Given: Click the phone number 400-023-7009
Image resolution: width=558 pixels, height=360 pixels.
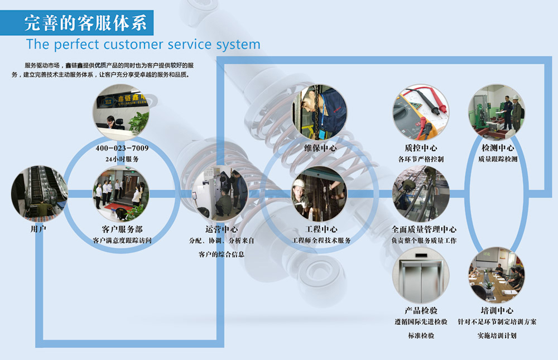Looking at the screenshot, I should (122, 148).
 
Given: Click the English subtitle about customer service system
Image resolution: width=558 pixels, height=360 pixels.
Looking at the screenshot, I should (143, 44).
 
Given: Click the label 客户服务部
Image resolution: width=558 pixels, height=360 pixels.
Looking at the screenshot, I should (122, 229).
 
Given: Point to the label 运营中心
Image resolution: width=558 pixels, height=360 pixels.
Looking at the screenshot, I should (222, 229).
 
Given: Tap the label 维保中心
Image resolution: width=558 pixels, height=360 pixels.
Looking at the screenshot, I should (320, 148).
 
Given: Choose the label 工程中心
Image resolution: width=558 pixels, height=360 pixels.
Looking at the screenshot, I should (321, 229).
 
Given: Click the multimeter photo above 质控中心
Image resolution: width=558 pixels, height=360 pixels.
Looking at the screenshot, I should (421, 112).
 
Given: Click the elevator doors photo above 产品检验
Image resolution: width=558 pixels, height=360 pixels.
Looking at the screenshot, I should (421, 275).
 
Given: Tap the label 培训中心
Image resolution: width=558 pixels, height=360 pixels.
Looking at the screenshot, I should (497, 310).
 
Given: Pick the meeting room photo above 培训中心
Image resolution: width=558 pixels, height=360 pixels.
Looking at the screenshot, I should (497, 275).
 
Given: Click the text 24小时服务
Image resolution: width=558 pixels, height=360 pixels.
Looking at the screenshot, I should (122, 159).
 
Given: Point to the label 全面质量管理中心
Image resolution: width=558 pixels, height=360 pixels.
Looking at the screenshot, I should (424, 229).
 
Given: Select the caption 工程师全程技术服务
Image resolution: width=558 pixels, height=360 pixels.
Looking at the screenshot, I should (321, 241).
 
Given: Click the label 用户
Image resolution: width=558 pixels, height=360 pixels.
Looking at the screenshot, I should (39, 229).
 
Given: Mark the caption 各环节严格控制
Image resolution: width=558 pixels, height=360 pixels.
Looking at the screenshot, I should (421, 159).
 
